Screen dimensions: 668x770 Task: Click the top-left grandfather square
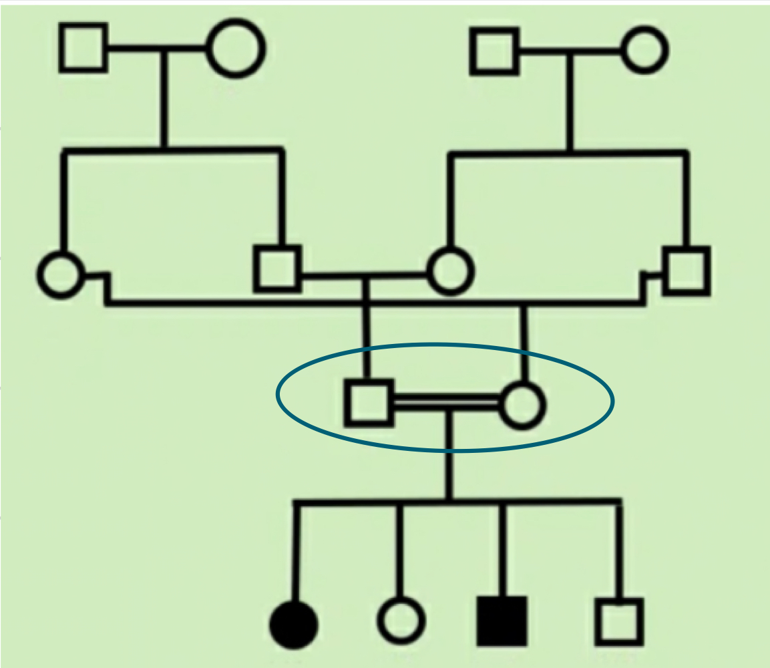tap(83, 47)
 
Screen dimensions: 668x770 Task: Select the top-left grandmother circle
tap(235, 48)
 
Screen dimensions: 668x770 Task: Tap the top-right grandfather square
tap(494, 51)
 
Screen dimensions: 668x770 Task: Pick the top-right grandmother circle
tap(644, 51)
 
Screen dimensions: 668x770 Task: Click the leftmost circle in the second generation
tap(61, 275)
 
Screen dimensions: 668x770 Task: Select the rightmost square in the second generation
tap(686, 271)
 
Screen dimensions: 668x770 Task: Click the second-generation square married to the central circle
tap(277, 269)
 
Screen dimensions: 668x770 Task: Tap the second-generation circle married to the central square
tap(450, 271)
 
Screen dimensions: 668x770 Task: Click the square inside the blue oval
tap(369, 402)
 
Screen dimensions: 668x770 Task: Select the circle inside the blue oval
tap(523, 405)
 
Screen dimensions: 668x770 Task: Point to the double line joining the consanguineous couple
tap(446, 402)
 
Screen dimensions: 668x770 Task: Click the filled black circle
tap(294, 625)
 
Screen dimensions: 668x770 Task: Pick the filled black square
tap(502, 621)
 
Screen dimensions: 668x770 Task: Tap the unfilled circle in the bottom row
tap(401, 621)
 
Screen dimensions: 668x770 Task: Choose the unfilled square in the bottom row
tap(619, 622)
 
